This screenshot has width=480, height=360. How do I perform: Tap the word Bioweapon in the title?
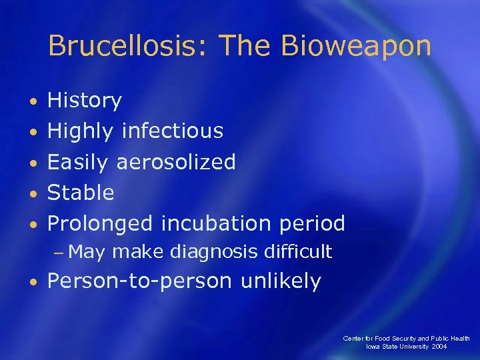356,46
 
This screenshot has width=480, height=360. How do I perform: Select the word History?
85,101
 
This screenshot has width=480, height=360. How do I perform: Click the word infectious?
172,131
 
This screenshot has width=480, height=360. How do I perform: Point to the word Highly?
81,132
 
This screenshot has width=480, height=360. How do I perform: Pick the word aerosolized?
176,162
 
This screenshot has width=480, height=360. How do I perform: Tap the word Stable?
81,193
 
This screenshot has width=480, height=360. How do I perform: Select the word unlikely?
281,281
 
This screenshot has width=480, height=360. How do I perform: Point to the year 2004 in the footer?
439,347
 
